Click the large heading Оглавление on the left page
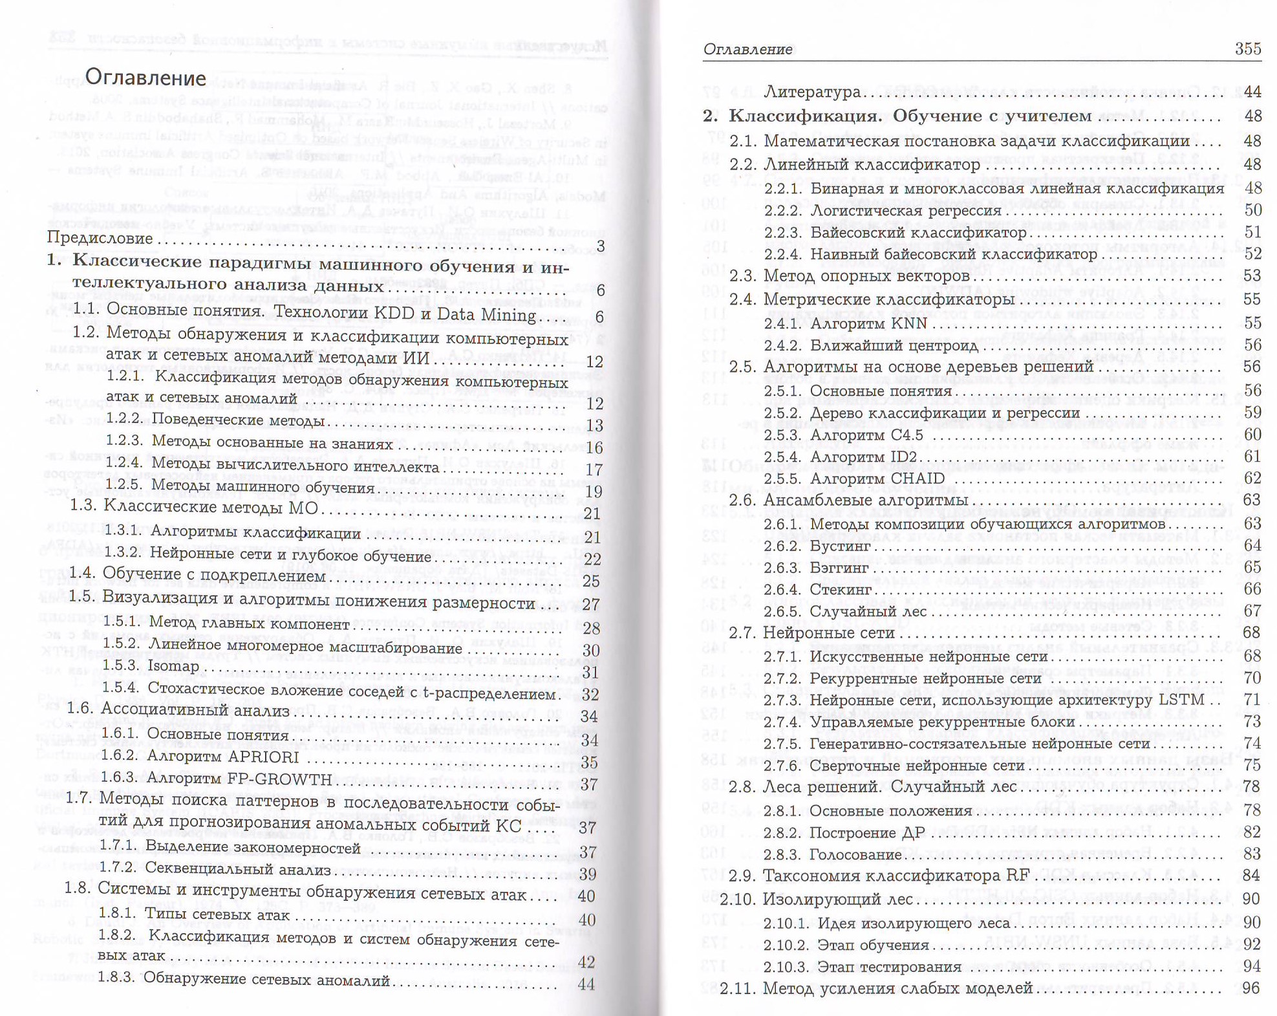coord(145,78)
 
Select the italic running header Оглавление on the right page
coord(747,49)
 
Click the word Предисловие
coord(100,238)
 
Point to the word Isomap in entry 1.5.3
coord(173,666)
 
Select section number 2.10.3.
coord(786,967)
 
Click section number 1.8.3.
coord(116,978)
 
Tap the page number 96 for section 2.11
coord(1252,988)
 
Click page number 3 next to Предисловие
coord(601,246)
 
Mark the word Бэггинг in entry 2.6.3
coord(839,568)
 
